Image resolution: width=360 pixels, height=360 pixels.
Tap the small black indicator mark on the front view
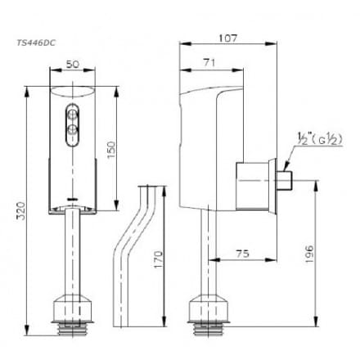pos(73,198)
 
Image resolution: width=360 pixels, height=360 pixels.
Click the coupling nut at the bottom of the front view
pos(73,312)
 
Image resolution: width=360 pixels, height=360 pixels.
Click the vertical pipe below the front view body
pos(73,254)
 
